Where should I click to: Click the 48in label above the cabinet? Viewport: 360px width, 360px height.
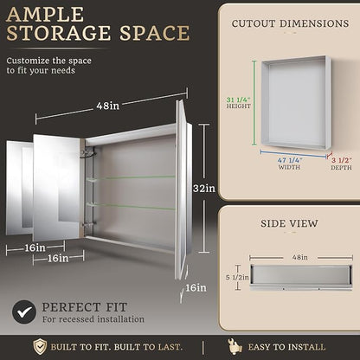108,106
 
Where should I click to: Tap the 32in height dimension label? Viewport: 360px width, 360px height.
204,189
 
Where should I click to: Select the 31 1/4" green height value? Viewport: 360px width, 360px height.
238,100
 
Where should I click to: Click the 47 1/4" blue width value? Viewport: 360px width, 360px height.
290,160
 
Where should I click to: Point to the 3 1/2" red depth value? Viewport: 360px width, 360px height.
341,161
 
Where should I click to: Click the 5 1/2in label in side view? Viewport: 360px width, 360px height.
237,277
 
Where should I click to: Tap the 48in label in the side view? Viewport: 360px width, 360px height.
300,257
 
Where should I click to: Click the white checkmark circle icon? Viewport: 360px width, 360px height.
24,312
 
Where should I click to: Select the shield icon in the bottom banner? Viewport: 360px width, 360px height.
40,346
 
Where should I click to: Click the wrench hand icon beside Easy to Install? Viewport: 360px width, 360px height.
235,346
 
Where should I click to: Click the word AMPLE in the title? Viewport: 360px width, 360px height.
45,15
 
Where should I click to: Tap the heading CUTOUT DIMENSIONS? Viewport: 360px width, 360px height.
290,23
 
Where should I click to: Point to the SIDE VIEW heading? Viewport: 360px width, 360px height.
289,223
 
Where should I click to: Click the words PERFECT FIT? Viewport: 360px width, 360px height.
85,307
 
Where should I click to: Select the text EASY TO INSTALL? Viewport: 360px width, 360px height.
286,347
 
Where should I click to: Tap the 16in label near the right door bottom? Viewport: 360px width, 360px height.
196,287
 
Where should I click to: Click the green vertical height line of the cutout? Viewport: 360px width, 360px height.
254,103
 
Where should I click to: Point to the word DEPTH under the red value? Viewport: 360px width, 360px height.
341,168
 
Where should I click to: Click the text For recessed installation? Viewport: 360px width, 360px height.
93,319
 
